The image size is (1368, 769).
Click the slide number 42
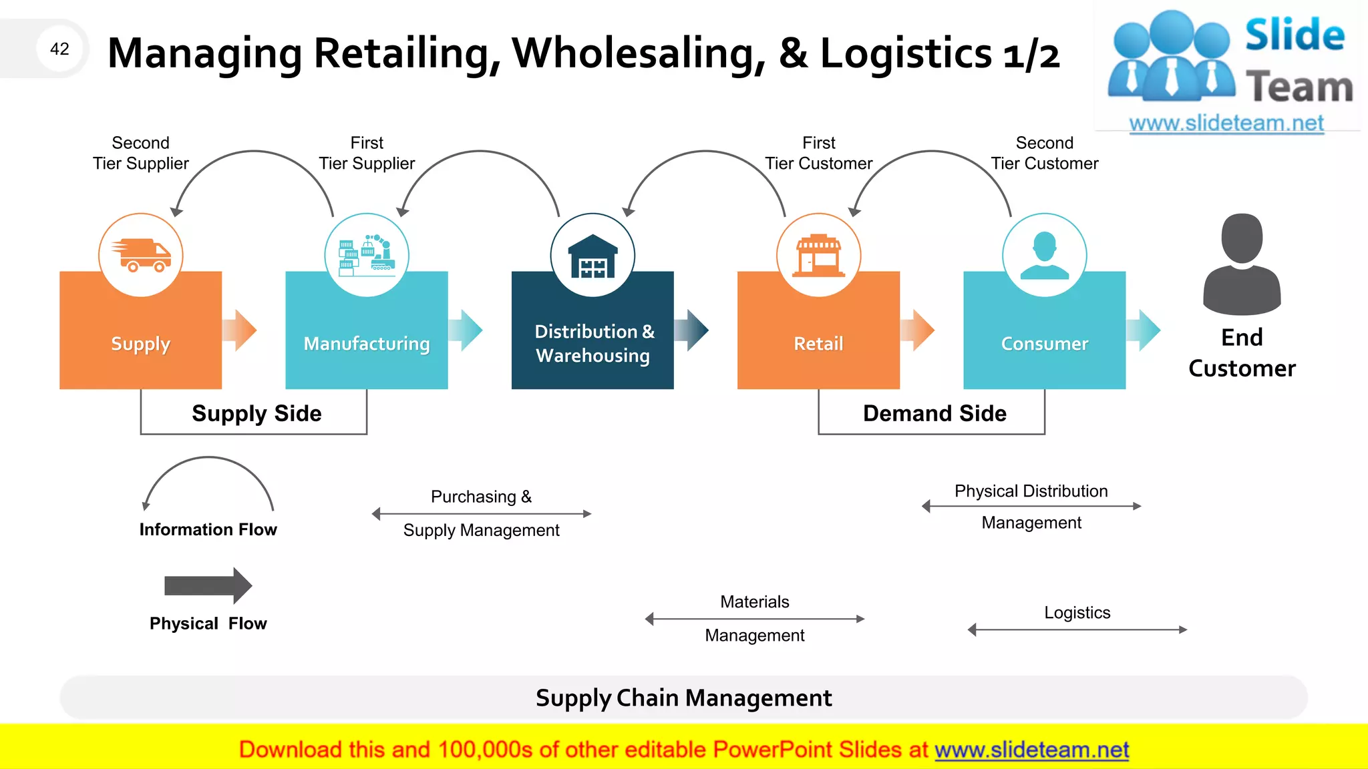tap(59, 49)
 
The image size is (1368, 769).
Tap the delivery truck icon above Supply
tap(141, 256)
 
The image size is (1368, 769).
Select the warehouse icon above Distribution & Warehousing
tap(592, 257)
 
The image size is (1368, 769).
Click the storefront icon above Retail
tap(818, 256)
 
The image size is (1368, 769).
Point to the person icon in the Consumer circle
tap(1044, 256)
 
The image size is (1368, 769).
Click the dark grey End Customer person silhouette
tap(1242, 264)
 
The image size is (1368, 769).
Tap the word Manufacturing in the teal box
tap(367, 344)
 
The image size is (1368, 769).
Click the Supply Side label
tap(256, 413)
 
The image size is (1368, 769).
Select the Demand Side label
tap(934, 413)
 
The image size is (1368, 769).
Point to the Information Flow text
tap(208, 529)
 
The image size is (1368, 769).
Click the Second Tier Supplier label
tap(141, 153)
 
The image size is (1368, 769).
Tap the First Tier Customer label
tap(818, 153)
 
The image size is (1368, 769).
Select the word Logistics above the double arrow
tap(1077, 612)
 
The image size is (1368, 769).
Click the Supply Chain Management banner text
tap(683, 698)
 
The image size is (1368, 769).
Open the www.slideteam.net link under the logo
tap(1226, 123)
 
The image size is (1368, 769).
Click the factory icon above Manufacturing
tap(367, 256)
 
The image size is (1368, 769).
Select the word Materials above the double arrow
tap(754, 601)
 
